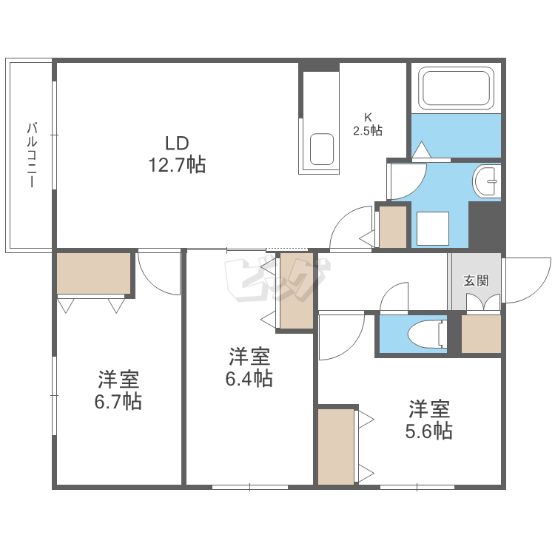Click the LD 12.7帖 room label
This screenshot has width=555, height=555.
177,155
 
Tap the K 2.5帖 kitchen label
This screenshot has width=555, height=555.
368,124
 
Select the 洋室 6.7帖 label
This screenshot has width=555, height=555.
118,391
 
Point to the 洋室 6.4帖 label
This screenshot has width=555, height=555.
249,367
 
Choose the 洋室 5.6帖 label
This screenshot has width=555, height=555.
429,420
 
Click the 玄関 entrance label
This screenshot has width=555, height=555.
476,280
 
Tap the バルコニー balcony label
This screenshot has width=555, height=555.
32,155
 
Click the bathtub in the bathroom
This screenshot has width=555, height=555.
456,88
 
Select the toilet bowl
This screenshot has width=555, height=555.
427,334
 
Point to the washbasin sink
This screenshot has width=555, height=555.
485,181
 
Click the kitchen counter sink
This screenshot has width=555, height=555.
322,149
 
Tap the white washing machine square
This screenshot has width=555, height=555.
433,229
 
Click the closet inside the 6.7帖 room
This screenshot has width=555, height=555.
94,273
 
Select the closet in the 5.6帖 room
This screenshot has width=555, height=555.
336,447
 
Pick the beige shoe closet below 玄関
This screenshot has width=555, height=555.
481,334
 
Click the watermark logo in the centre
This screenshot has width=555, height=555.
277,280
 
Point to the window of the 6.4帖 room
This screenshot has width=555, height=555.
250,488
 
